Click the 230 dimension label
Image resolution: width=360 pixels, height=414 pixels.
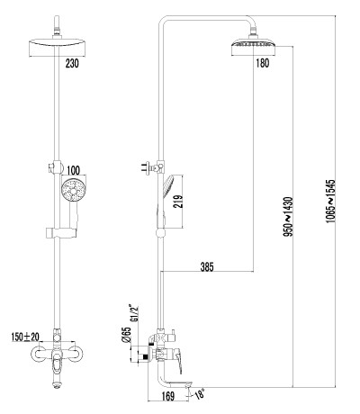(72, 63)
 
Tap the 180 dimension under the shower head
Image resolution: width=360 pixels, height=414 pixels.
(263, 63)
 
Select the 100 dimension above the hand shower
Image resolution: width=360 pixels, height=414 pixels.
(73, 170)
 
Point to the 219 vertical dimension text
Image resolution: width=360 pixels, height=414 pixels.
(177, 202)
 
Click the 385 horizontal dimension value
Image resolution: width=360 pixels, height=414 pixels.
(207, 266)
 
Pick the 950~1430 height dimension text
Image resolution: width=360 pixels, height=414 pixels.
(288, 216)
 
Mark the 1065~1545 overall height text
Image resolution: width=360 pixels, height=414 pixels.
(330, 201)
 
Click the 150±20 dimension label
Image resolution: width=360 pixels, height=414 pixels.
(25, 337)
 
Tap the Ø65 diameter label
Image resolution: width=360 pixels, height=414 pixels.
(126, 335)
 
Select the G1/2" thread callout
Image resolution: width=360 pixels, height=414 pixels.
(134, 313)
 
